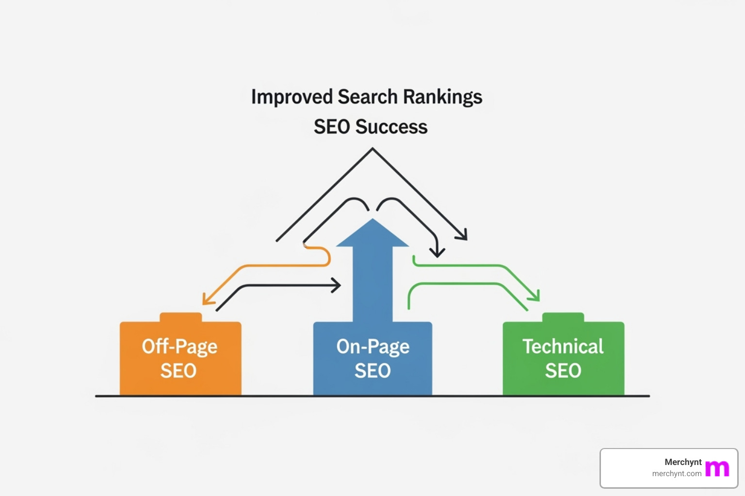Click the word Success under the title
(x=391, y=127)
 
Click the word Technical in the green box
(x=563, y=346)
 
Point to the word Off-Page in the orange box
(x=179, y=347)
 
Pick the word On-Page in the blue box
(x=372, y=347)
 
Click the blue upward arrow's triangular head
(x=372, y=235)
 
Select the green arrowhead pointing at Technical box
(x=534, y=294)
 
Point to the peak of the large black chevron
(x=372, y=149)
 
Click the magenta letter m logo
(x=717, y=468)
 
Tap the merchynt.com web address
(x=677, y=474)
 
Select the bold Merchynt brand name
(x=683, y=462)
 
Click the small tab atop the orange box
(x=180, y=317)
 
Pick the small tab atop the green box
(x=563, y=317)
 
